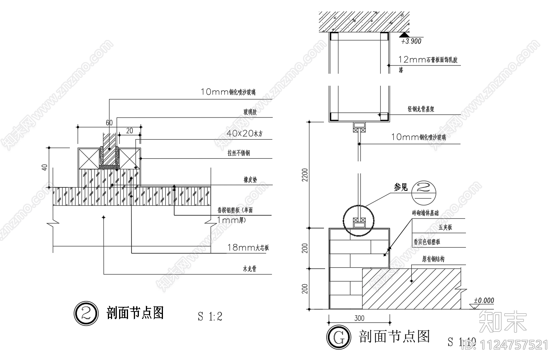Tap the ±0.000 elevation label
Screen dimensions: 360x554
(484, 301)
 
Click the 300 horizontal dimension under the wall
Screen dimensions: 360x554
(359, 318)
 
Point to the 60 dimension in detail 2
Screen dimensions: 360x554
(109, 123)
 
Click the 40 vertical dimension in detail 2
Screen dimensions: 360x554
(45, 168)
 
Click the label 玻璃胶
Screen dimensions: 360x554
(250, 112)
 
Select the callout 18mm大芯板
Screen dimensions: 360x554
(248, 248)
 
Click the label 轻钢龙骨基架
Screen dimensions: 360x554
(421, 109)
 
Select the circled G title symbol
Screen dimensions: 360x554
(339, 337)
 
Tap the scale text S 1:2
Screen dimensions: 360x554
(210, 317)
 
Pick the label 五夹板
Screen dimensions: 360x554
(445, 228)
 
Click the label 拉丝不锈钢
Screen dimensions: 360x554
(238, 153)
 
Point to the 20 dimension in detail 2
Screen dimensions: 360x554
(130, 131)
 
